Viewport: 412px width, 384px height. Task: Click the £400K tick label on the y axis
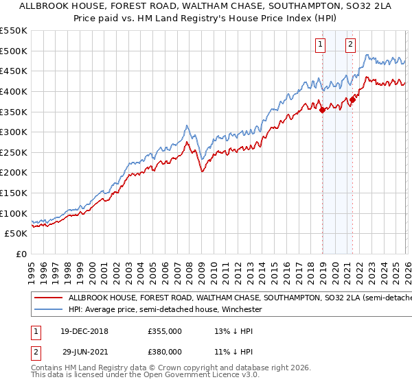[14, 91]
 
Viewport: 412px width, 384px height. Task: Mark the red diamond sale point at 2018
[322, 110]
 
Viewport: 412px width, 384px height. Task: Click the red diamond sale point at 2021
[352, 99]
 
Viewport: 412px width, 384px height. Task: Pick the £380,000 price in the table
[164, 351]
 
